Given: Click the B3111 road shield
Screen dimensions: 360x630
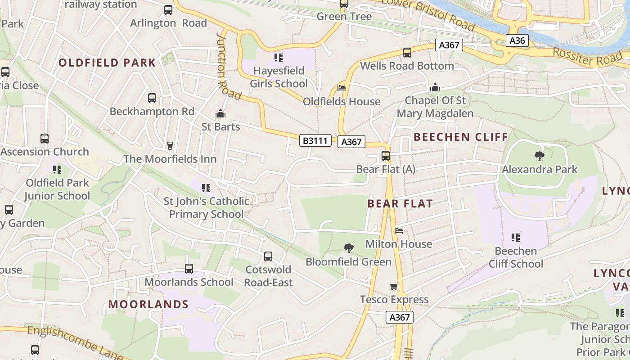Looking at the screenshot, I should pyautogui.click(x=315, y=141).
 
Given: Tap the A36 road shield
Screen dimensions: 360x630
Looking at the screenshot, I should pyautogui.click(x=517, y=40).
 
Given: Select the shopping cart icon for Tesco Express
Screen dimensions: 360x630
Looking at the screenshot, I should pyautogui.click(x=394, y=286).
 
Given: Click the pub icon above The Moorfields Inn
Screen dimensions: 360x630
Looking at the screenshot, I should pyautogui.click(x=170, y=145).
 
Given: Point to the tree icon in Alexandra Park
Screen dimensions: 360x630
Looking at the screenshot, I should pyautogui.click(x=539, y=156).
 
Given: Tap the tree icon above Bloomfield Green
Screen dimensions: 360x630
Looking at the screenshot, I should pyautogui.click(x=348, y=248).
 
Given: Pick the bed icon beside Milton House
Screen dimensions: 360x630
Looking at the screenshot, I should pyautogui.click(x=399, y=231).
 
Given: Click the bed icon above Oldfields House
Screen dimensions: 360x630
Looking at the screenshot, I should pyautogui.click(x=342, y=88).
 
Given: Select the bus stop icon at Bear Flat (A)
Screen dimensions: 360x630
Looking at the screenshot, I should pyautogui.click(x=386, y=156).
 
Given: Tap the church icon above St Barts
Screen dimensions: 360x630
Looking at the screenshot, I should pyautogui.click(x=220, y=113).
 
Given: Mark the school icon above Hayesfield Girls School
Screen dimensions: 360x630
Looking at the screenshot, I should pyautogui.click(x=279, y=58).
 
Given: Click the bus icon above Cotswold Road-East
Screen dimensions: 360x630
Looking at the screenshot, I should pyautogui.click(x=268, y=256).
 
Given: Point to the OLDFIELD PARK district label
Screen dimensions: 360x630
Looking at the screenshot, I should pyautogui.click(x=107, y=63).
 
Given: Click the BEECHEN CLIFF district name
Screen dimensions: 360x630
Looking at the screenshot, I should pyautogui.click(x=461, y=137).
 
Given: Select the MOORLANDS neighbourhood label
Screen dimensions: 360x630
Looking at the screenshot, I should pyautogui.click(x=148, y=304).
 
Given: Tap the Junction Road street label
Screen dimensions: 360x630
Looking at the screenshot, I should pyautogui.click(x=228, y=66).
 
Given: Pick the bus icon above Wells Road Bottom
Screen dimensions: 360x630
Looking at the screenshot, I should pyautogui.click(x=407, y=53).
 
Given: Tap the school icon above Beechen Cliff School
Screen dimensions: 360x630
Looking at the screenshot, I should pyautogui.click(x=516, y=237).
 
